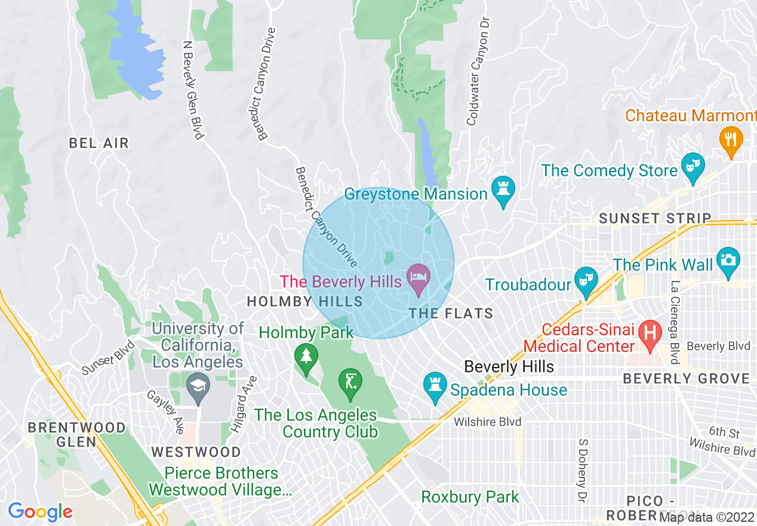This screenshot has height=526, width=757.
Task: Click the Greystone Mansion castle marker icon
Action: click(503, 191)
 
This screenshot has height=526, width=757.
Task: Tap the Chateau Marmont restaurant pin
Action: click(731, 139)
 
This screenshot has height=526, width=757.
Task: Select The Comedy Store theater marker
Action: click(693, 167)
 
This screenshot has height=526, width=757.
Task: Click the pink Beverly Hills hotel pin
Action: click(418, 278)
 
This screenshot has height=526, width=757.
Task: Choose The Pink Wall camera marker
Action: click(728, 261)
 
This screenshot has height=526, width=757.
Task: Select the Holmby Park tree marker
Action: click(306, 357)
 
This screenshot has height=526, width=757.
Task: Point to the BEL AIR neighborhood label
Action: click(99, 143)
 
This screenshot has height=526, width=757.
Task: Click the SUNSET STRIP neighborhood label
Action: click(655, 219)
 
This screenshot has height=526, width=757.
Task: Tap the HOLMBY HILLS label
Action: click(305, 302)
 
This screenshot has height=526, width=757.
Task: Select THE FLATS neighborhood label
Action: click(451, 313)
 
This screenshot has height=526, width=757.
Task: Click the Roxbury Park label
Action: click(470, 497)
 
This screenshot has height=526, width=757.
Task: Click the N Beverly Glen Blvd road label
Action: click(193, 90)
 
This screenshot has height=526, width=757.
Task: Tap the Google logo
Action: click(40, 512)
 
